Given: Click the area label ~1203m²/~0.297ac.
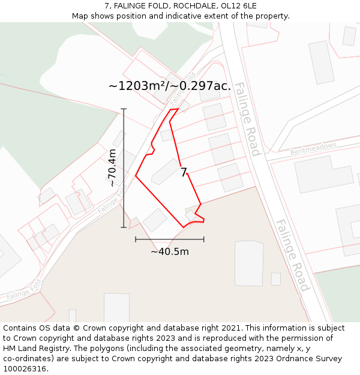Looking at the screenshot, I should point(169,86).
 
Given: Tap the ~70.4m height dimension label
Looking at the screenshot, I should point(112,168).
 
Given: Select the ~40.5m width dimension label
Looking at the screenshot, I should point(169,251).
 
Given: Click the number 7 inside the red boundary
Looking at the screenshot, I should point(184,173).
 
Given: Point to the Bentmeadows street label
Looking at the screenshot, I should point(313,148).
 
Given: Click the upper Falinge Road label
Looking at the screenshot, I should point(247,119).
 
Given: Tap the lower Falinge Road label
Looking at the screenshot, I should point(292,255).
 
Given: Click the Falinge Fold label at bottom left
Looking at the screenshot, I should point(24,289).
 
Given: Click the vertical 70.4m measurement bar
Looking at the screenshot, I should point(124,168).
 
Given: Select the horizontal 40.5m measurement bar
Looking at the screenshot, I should point(169,239).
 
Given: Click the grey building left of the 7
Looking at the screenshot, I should point(166,172).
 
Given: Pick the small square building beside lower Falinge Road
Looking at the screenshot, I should point(275,279).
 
